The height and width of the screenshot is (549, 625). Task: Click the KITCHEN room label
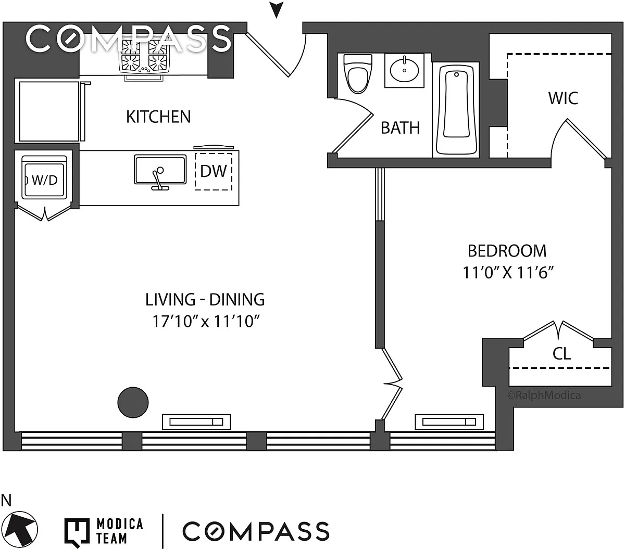pyautogui.click(x=158, y=116)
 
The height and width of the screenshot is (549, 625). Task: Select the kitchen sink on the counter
pyautogui.click(x=160, y=170)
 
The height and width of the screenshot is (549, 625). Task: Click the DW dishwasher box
pyautogui.click(x=214, y=171)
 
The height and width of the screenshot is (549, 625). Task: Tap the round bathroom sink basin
pyautogui.click(x=404, y=70)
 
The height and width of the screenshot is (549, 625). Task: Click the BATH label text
pyautogui.click(x=400, y=127)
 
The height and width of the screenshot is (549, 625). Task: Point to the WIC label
pyautogui.click(x=563, y=98)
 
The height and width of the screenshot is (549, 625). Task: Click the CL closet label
pyautogui.click(x=561, y=354)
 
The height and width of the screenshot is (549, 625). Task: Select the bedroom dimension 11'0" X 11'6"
pyautogui.click(x=507, y=273)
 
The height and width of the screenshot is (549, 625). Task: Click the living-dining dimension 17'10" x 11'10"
pyautogui.click(x=205, y=322)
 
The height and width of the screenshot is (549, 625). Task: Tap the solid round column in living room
pyautogui.click(x=133, y=402)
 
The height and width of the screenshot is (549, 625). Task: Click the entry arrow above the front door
pyautogui.click(x=277, y=9)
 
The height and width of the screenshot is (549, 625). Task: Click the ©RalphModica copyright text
pyautogui.click(x=544, y=395)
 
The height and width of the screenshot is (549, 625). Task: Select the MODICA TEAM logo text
pyautogui.click(x=119, y=531)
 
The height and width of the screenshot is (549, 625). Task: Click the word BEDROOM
pyautogui.click(x=507, y=251)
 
